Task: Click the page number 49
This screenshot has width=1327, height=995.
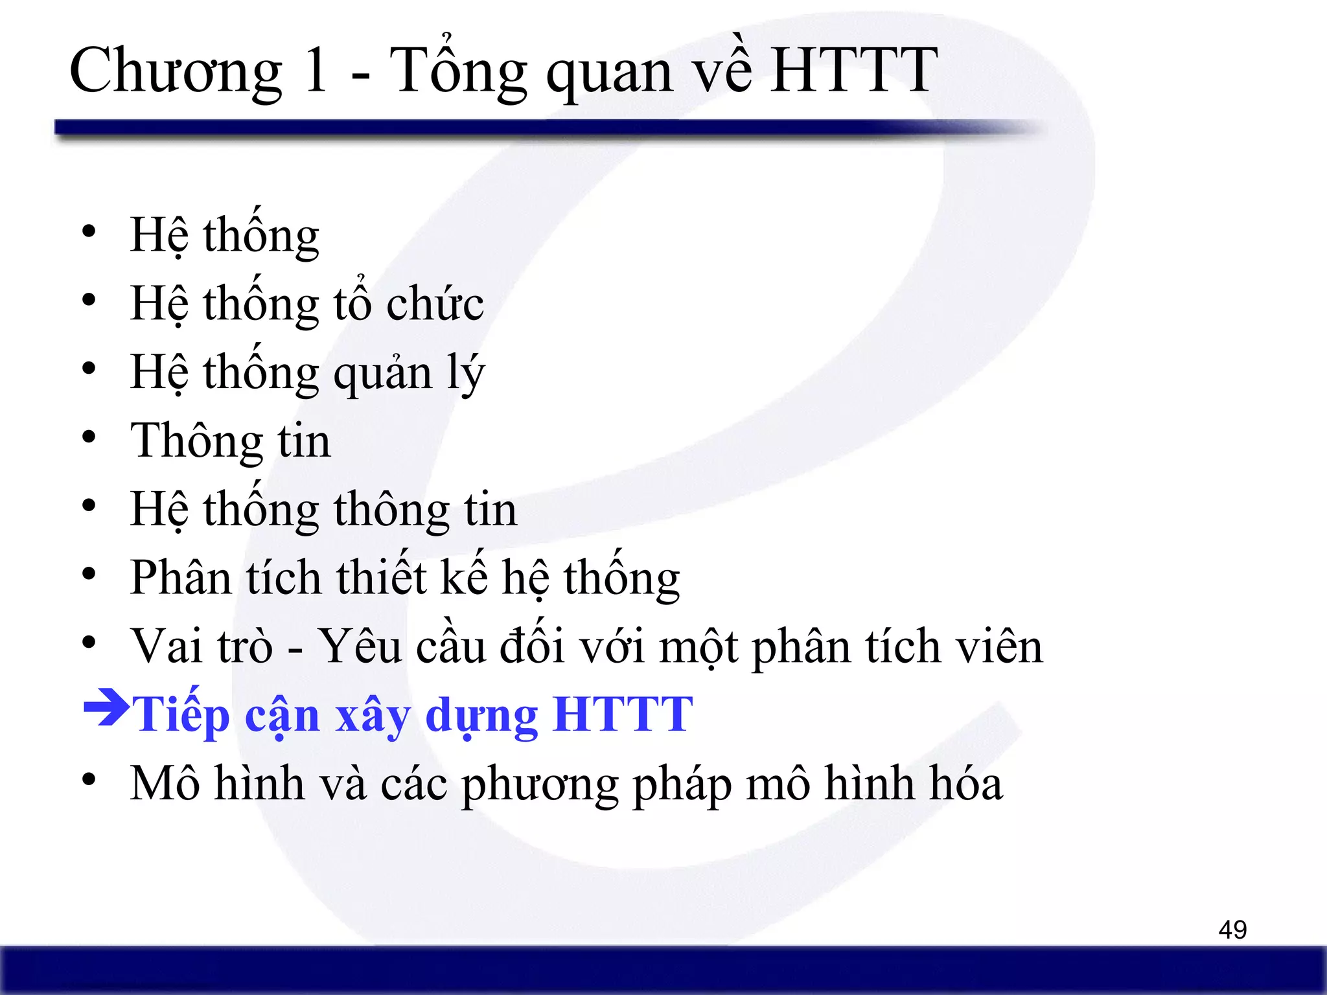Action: pos(1232,930)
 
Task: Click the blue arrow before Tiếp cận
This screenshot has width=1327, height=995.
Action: pos(106,711)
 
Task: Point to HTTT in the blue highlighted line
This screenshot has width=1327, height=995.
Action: pos(623,714)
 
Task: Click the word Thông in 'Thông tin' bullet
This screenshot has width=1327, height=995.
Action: pos(196,440)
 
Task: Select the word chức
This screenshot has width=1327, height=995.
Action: pos(435,304)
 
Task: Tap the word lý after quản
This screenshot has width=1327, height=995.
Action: pos(465,373)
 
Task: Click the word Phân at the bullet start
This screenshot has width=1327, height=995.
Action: pos(181,577)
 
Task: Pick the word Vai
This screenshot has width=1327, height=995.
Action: pos(167,646)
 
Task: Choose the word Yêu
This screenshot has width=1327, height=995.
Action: pos(360,646)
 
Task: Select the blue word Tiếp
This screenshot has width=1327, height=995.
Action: pos(181,714)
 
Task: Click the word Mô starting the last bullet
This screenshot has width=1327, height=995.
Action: pos(165,783)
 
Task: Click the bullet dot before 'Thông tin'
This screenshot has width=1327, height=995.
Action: pos(89,437)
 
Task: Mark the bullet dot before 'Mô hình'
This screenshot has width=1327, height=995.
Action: pos(89,780)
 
